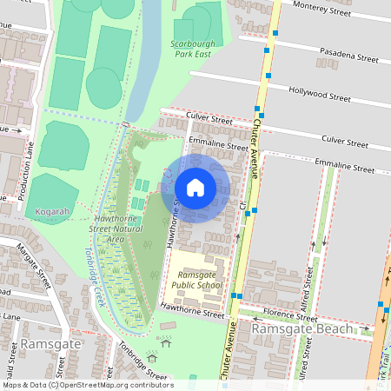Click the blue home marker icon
pyautogui.click(x=195, y=188)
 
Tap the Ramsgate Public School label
pyautogui.click(x=196, y=279)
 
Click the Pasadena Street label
pyautogui.click(x=350, y=58)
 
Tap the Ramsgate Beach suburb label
pyautogui.click(x=302, y=329)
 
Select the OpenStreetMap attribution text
pyautogui.click(x=87, y=385)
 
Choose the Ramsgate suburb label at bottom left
pyautogui.click(x=50, y=345)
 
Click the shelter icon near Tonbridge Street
pyautogui.click(x=152, y=356)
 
